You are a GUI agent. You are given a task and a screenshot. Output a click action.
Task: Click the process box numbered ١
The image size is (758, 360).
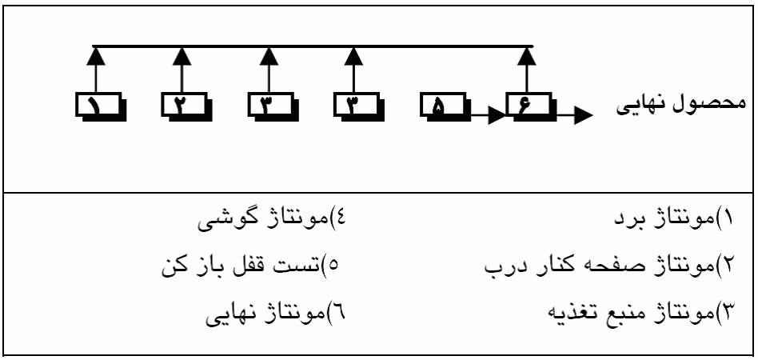pos(99,106)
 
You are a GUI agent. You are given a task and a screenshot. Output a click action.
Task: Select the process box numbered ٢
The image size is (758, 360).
pos(186,106)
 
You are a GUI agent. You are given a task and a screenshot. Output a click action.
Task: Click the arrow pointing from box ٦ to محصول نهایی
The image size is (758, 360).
pos(574,117)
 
